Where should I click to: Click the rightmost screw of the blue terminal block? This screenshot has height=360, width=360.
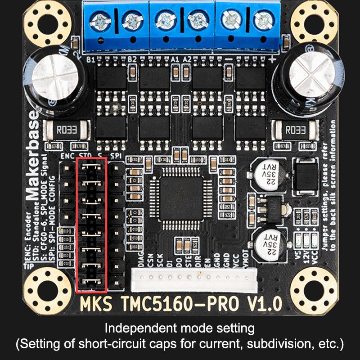[x=264, y=20]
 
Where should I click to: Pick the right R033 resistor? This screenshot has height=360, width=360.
[x=296, y=130]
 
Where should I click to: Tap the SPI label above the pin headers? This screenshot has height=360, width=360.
[x=117, y=156]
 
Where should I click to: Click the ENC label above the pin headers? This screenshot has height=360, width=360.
[x=67, y=156]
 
